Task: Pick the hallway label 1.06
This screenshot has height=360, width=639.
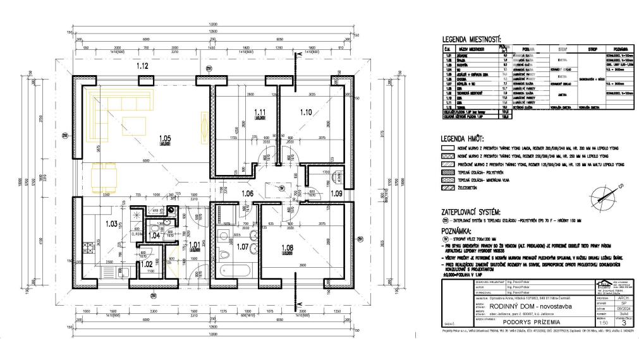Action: click(x=248, y=193)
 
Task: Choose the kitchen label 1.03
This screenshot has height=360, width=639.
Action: click(x=112, y=223)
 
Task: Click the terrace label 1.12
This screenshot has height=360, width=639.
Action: click(x=142, y=65)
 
